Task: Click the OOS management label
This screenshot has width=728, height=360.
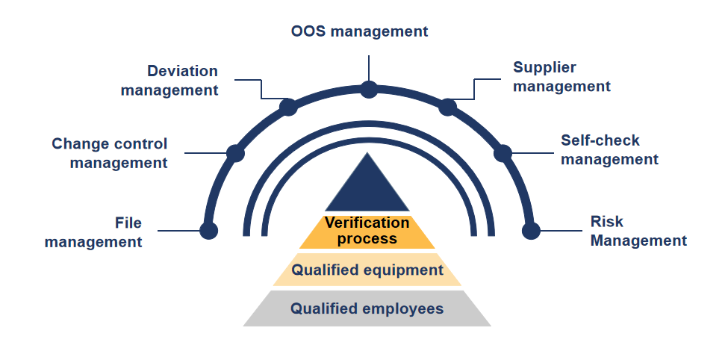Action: (x=359, y=31)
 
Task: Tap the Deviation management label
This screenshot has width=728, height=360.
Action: (x=169, y=81)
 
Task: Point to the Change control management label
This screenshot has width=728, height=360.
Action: (x=110, y=153)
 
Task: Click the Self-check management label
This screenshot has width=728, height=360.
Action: (x=609, y=149)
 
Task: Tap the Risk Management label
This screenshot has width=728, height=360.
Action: (x=638, y=231)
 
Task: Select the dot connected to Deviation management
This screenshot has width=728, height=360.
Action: (x=288, y=107)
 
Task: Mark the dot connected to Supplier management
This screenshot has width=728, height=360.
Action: (x=447, y=107)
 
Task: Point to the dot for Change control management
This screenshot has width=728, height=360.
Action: (x=235, y=153)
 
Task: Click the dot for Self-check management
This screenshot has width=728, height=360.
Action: (x=503, y=153)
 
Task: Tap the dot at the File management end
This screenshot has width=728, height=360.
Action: (x=209, y=230)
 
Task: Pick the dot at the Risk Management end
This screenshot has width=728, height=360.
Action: (x=531, y=230)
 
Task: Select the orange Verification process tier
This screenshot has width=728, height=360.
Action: (x=367, y=232)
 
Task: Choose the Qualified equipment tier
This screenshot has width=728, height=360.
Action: (x=367, y=270)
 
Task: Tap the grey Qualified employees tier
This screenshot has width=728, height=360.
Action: (x=367, y=308)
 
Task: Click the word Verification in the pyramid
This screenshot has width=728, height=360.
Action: (x=367, y=223)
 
